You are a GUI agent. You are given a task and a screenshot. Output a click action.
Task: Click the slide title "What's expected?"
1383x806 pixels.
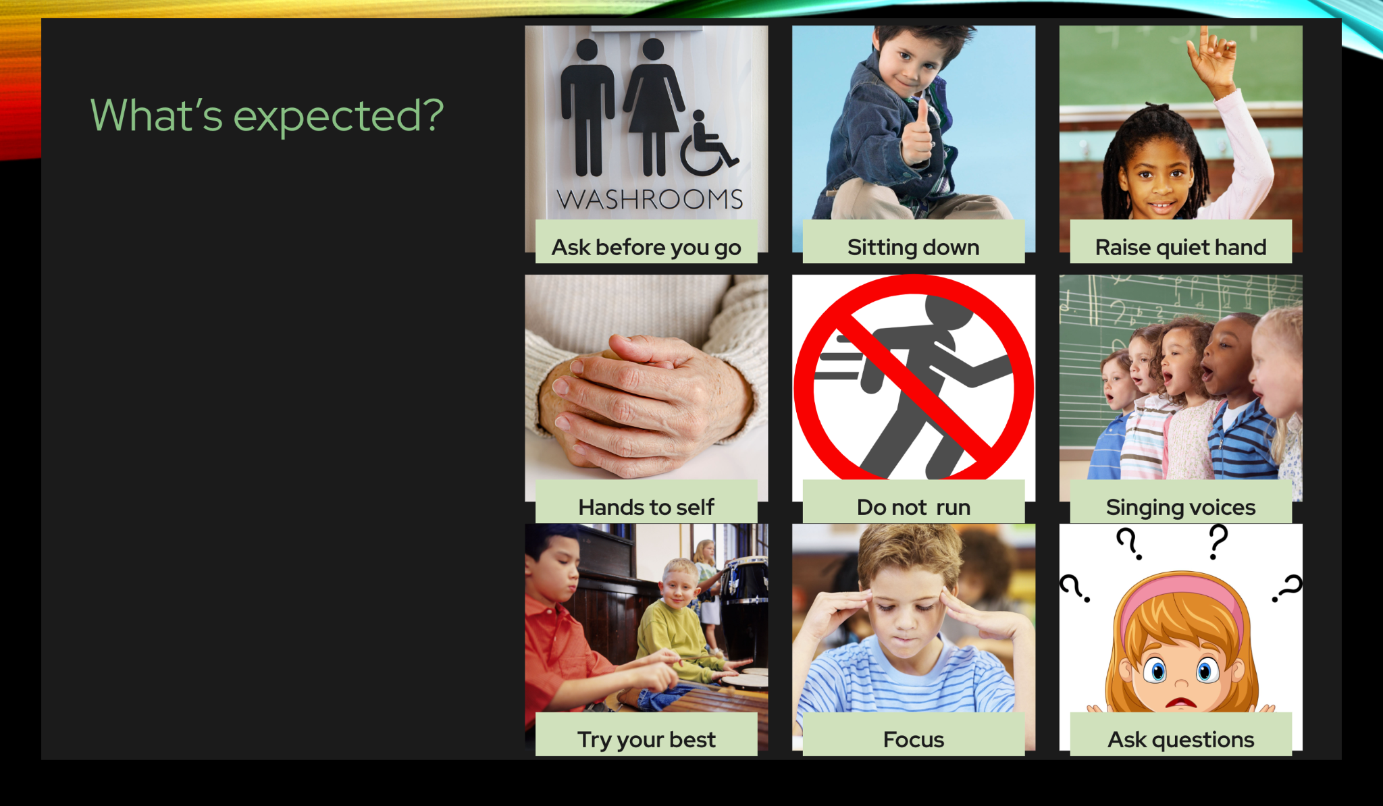pos(267,115)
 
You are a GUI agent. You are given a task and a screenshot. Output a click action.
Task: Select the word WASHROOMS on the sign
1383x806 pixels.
pos(650,199)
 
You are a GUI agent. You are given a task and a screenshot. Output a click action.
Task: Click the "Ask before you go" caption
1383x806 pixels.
pos(646,248)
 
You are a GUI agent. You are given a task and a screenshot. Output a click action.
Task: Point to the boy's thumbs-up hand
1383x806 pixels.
pos(918,135)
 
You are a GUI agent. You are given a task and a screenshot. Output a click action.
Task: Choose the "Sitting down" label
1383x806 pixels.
pos(913,248)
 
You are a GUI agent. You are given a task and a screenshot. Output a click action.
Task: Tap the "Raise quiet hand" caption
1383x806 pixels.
pos(1180,248)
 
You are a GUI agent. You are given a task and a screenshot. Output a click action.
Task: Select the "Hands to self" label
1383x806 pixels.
pos(646,507)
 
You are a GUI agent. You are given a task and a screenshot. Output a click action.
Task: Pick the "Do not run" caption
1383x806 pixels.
pos(913,507)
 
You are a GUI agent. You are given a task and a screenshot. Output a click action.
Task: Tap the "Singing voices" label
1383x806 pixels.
pos(1180,508)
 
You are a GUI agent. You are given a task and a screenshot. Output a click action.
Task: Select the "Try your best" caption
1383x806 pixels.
pos(646,740)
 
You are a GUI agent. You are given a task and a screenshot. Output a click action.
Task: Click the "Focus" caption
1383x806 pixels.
pos(913,740)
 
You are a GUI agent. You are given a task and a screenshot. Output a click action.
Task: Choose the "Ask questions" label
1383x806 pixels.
pos(1180,740)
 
